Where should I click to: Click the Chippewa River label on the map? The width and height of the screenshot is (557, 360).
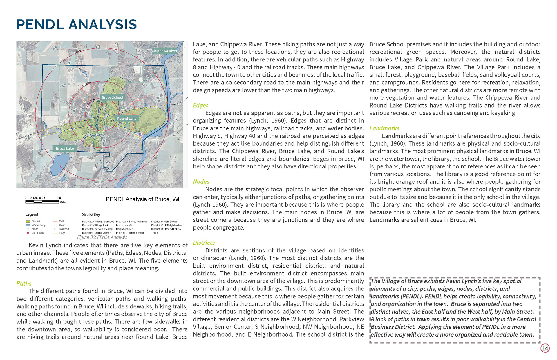click(x=164, y=51)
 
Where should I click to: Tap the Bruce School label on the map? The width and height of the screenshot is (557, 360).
click(x=113, y=97)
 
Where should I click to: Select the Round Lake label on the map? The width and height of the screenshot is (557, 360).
click(x=127, y=119)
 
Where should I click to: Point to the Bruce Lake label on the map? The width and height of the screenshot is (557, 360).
click(x=65, y=148)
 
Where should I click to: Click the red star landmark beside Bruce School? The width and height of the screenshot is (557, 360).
click(x=102, y=104)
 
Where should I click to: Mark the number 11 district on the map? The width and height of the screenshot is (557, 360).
click(x=142, y=122)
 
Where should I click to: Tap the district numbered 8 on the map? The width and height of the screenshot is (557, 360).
click(x=113, y=90)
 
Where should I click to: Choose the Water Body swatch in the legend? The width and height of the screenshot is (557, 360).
click(x=28, y=225)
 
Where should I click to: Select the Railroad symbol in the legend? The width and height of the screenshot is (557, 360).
click(x=55, y=229)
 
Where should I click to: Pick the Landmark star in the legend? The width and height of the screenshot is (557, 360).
click(x=28, y=233)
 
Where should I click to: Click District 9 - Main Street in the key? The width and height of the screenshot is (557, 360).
click(x=164, y=221)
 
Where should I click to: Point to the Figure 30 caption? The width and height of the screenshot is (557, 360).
click(x=102, y=237)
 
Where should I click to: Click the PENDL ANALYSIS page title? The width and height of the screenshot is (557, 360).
click(x=77, y=24)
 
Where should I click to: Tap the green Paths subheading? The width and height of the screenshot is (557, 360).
click(x=24, y=283)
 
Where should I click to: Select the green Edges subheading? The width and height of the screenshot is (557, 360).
click(x=201, y=105)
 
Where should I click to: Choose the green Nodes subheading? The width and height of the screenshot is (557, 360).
click(x=201, y=182)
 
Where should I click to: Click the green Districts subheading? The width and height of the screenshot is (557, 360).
click(x=204, y=243)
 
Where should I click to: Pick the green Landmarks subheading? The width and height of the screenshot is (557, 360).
click(x=384, y=128)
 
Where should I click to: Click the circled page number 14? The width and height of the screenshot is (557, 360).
click(x=545, y=348)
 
